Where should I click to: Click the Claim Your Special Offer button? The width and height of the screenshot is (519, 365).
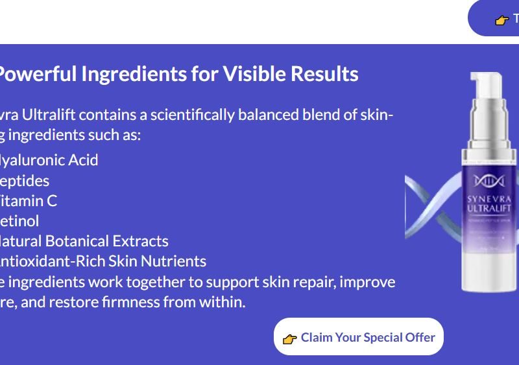(358, 336)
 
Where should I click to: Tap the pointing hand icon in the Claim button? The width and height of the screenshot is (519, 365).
(289, 338)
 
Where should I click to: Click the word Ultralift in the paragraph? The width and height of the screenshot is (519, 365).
(48, 115)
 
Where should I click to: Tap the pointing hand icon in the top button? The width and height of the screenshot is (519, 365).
(501, 20)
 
